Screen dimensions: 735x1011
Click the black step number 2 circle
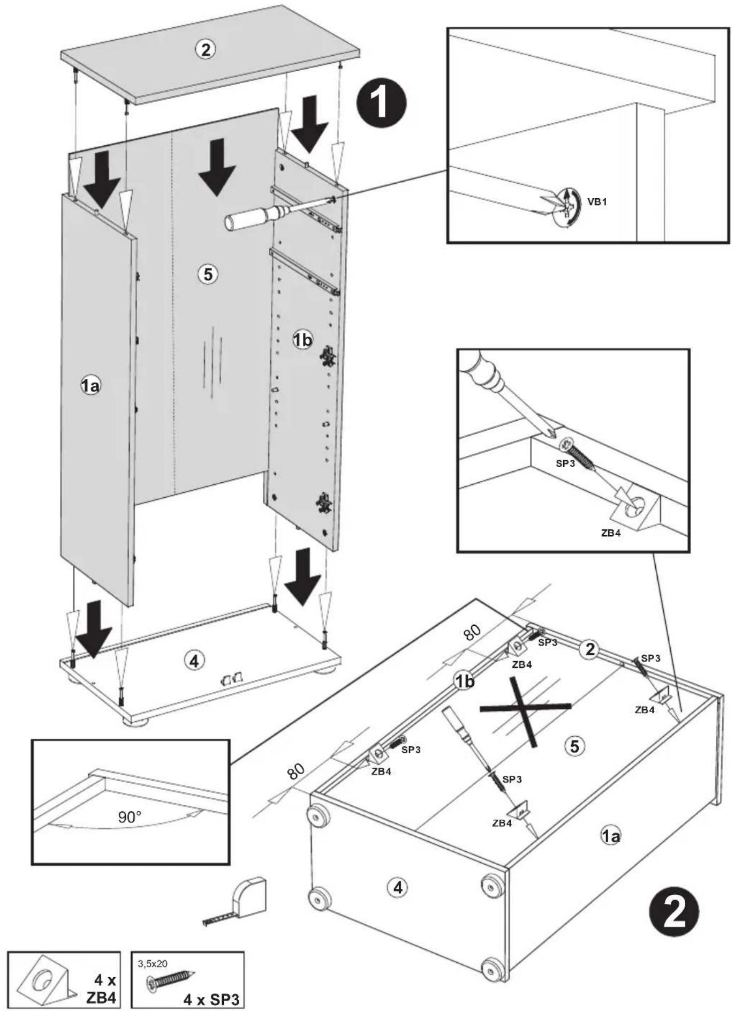click(x=673, y=911)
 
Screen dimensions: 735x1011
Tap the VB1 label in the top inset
click(x=597, y=202)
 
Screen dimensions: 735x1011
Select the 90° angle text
click(x=130, y=817)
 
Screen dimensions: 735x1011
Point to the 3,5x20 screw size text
click(x=153, y=964)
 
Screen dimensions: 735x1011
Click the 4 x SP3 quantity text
click(x=211, y=999)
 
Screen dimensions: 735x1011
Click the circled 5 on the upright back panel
click(x=207, y=274)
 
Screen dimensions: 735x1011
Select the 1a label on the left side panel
click(x=90, y=385)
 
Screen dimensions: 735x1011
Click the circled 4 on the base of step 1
click(x=194, y=661)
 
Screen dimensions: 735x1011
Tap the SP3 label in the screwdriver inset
click(x=565, y=463)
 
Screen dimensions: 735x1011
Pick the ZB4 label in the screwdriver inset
click(x=611, y=533)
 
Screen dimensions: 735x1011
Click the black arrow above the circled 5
click(x=217, y=167)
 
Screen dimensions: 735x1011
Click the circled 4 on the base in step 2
click(x=398, y=887)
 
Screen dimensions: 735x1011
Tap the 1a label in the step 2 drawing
click(x=611, y=835)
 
